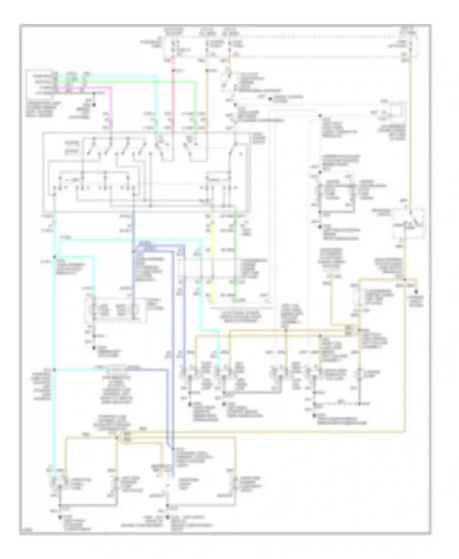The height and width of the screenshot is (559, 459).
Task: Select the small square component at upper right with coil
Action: click(x=397, y=110)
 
